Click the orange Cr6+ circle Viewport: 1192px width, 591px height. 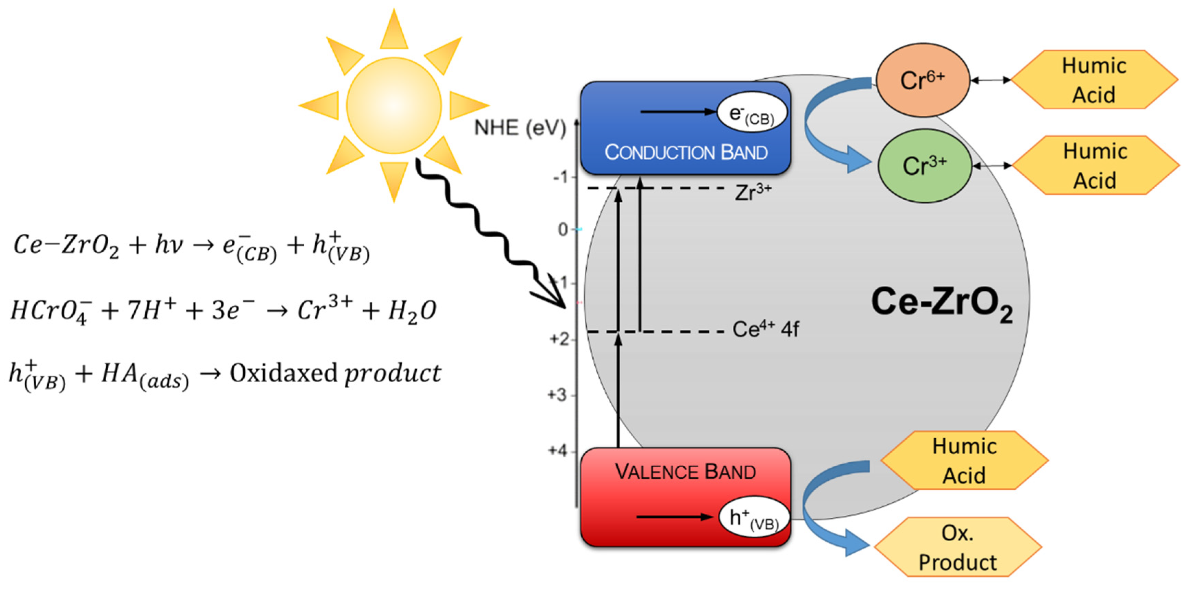[x=922, y=80]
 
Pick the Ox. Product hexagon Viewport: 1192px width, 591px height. [x=957, y=547]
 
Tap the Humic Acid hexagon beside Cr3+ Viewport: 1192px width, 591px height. [x=1095, y=165]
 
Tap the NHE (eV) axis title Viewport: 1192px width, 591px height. [x=520, y=128]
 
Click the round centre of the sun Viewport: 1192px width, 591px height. [x=394, y=105]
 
